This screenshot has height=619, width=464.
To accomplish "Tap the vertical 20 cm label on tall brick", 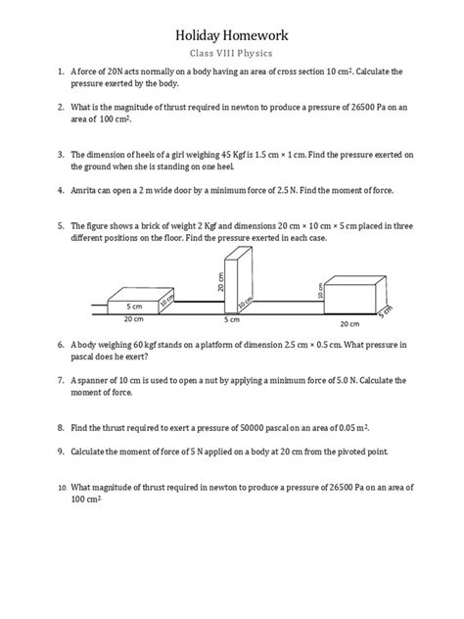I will [x=221, y=283].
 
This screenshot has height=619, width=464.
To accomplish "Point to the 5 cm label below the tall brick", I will [x=232, y=320].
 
